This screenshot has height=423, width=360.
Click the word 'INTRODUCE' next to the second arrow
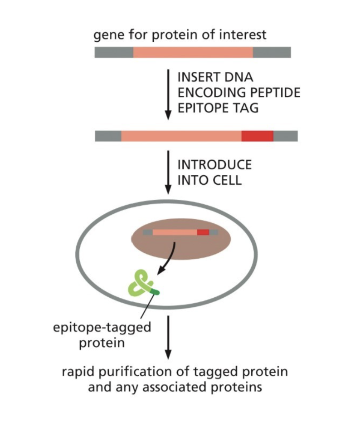point(214,164)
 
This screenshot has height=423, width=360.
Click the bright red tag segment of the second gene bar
point(257,136)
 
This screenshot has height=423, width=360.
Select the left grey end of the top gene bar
point(113,52)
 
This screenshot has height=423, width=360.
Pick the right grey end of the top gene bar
point(272,52)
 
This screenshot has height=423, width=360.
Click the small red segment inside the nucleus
point(203,232)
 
